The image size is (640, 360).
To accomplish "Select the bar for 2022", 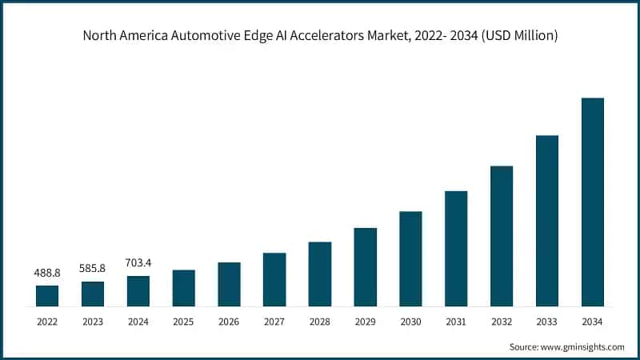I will click(x=47, y=295).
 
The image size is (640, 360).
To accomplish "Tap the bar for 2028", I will click(x=320, y=274).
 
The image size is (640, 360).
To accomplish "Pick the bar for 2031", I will click(x=456, y=248).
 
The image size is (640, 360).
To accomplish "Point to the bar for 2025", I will click(x=183, y=288).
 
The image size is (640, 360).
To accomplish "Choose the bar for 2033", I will click(x=547, y=221).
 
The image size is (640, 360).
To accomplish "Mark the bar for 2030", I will click(x=410, y=258).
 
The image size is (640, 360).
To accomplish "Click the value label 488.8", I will click(x=47, y=273).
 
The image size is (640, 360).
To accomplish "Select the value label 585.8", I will click(x=93, y=270).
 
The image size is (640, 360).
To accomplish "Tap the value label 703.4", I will click(x=138, y=262).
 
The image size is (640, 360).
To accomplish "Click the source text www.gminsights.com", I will click(x=582, y=347).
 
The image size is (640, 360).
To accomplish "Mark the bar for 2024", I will click(x=138, y=291).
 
